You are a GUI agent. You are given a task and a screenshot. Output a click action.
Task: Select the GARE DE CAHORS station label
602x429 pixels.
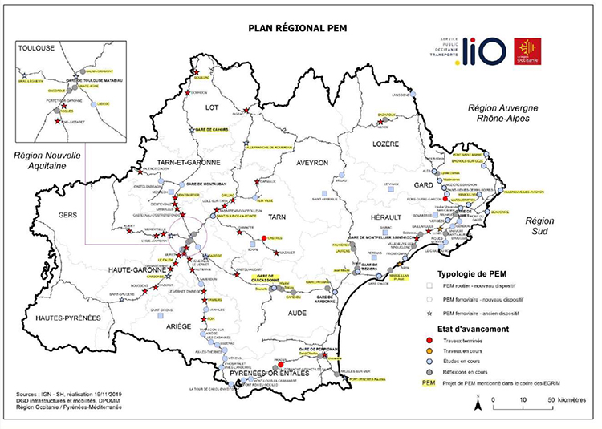pyautogui.click(x=215, y=129)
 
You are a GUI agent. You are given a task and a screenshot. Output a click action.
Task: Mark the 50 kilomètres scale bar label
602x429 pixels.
pyautogui.click(x=562, y=399)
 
